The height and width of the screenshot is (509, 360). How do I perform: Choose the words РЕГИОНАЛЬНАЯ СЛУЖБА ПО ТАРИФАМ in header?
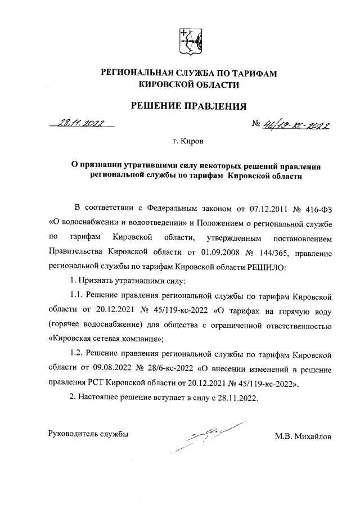point(189,73)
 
